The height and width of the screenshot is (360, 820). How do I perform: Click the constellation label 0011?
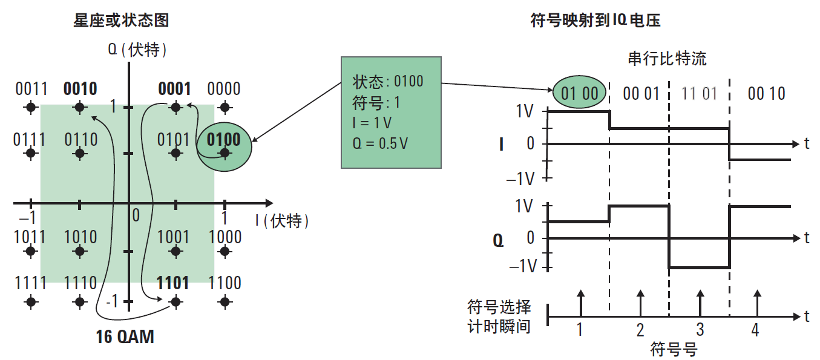(x=31, y=89)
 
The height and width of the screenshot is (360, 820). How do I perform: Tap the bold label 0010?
(x=80, y=89)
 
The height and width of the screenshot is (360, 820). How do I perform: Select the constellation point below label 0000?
(x=225, y=108)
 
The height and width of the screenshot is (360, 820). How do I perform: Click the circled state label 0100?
(x=224, y=140)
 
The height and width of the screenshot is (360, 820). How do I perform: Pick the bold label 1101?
(x=173, y=283)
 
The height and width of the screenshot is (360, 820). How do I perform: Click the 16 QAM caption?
(x=125, y=336)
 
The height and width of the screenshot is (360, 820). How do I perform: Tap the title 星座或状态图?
(x=121, y=20)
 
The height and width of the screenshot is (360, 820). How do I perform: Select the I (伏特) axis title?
(x=282, y=221)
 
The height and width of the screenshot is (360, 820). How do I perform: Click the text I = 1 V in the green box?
(x=372, y=123)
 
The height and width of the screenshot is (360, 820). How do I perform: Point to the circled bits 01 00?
(x=579, y=93)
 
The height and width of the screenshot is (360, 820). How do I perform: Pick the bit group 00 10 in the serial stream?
(x=766, y=93)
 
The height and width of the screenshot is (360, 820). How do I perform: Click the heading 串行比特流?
(x=667, y=59)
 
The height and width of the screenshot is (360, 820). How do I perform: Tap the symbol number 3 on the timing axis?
(x=700, y=330)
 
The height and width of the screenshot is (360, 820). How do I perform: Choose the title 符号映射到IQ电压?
(x=595, y=20)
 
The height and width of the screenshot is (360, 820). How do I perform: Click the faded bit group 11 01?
(x=699, y=93)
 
